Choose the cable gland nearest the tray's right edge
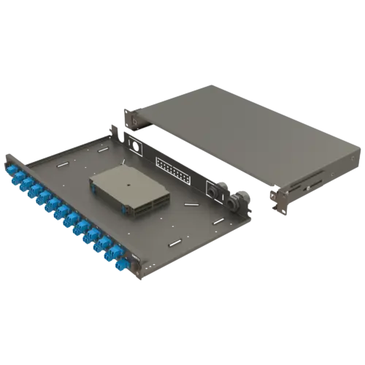click(x=233, y=202)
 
